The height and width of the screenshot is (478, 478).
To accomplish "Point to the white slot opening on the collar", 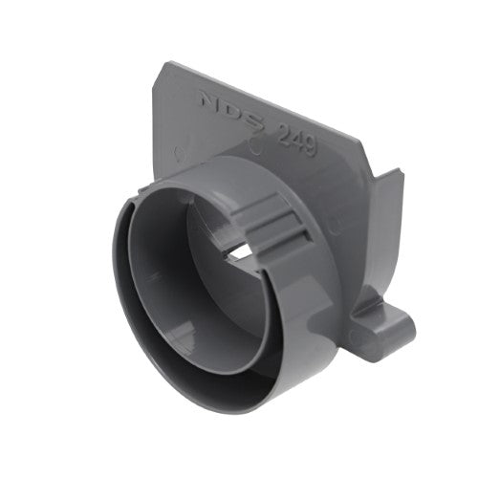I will (x=239, y=250).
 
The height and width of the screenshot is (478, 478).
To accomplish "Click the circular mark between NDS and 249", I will (x=255, y=146).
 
